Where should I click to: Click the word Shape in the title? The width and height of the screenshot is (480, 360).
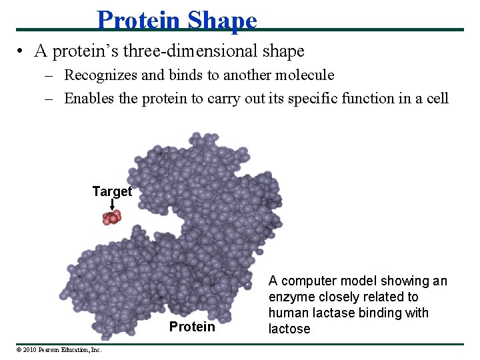222,20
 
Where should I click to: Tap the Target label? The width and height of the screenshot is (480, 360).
112,191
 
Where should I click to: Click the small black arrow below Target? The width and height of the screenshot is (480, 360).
112,205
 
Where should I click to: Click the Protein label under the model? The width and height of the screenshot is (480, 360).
192,326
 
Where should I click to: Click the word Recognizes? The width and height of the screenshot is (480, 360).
98,75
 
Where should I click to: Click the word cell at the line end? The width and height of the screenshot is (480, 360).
437,98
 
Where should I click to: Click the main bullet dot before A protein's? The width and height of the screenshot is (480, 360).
22,51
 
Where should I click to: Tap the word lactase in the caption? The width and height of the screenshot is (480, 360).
328,313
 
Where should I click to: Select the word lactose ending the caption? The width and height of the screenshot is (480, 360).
289,329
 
